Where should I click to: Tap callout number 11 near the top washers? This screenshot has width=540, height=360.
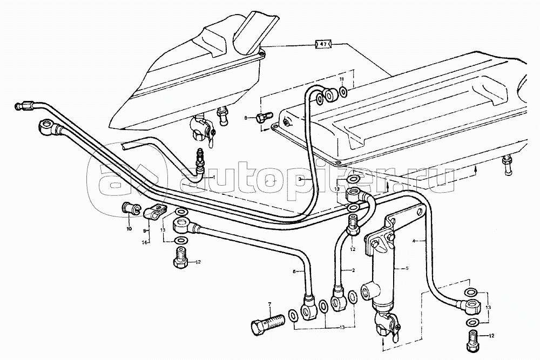341,80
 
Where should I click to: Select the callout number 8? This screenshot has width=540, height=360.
245,117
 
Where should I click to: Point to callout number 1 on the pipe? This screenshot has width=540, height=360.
213,177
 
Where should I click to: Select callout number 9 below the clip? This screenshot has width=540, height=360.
144,231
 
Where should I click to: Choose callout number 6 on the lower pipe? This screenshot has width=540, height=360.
294,272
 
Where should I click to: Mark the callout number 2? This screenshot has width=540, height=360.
353,269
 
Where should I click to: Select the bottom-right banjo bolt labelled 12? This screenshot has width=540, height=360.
472,340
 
